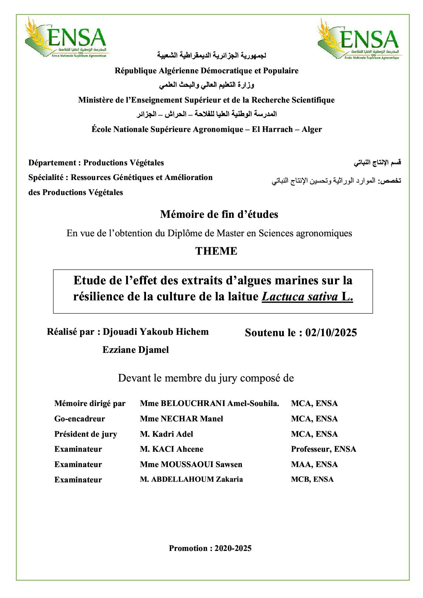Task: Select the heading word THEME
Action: pyautogui.click(x=216, y=251)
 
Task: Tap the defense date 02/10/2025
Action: pyautogui.click(x=331, y=333)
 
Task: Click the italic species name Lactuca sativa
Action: pyautogui.click(x=300, y=297)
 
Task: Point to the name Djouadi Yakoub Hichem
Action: pyautogui.click(x=156, y=332)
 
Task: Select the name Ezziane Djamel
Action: pyautogui.click(x=135, y=350)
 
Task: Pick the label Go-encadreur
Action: pyautogui.click(x=79, y=419)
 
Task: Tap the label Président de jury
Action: pyautogui.click(x=85, y=434)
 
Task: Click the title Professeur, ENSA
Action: pyautogui.click(x=323, y=449)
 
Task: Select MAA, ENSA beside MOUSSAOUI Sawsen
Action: pyautogui.click(x=314, y=464)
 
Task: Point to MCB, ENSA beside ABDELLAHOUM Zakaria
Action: pyautogui.click(x=312, y=479)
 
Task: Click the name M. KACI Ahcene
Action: pyautogui.click(x=171, y=449)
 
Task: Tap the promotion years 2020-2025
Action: pyautogui.click(x=233, y=548)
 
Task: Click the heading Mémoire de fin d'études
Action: pyautogui.click(x=219, y=214)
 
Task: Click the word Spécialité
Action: pyautogui.click(x=46, y=178)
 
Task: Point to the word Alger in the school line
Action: pyautogui.click(x=311, y=130)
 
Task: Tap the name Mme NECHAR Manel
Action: pyautogui.click(x=181, y=419)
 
